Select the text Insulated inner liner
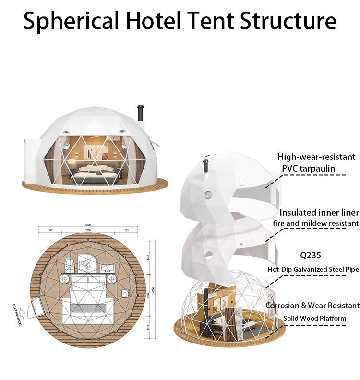coord(319,212)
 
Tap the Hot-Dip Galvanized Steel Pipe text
coord(313,270)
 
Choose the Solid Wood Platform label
coord(314,318)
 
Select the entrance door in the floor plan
coord(36,306)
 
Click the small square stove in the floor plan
coord(125,292)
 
